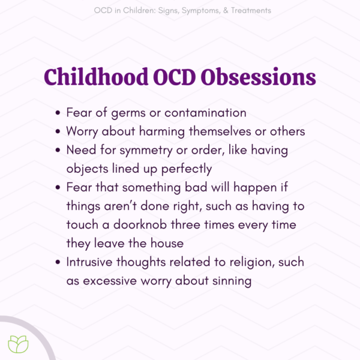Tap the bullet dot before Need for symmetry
coord(58,151)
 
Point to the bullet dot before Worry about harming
coord(58,132)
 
